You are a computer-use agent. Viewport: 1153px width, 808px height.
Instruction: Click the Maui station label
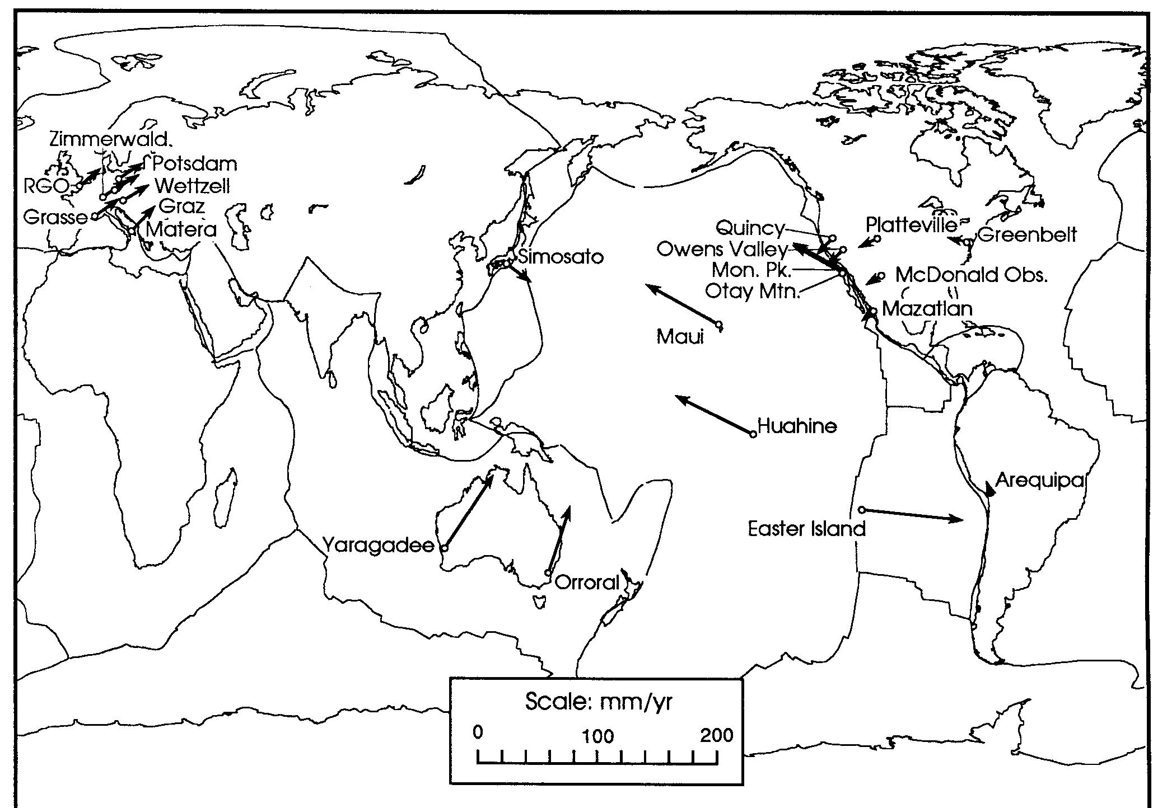[680, 336]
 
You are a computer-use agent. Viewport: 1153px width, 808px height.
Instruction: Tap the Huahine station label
[797, 426]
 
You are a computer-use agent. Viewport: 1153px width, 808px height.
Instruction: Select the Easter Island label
[807, 528]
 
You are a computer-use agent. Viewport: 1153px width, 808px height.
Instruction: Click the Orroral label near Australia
[587, 582]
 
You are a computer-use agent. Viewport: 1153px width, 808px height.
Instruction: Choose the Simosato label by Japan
[561, 257]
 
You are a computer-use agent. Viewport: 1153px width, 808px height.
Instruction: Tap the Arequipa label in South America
[1040, 481]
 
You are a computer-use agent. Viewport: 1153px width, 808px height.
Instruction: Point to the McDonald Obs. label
[971, 275]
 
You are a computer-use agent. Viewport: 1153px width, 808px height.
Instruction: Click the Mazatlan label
[927, 308]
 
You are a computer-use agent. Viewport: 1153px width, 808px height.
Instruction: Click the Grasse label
[55, 217]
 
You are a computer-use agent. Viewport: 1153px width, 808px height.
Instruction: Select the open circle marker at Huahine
[753, 434]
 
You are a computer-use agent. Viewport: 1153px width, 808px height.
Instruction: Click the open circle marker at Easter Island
[862, 509]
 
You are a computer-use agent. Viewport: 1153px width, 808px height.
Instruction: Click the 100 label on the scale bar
[598, 735]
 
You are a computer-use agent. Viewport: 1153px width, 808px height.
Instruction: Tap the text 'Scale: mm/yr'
[598, 701]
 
